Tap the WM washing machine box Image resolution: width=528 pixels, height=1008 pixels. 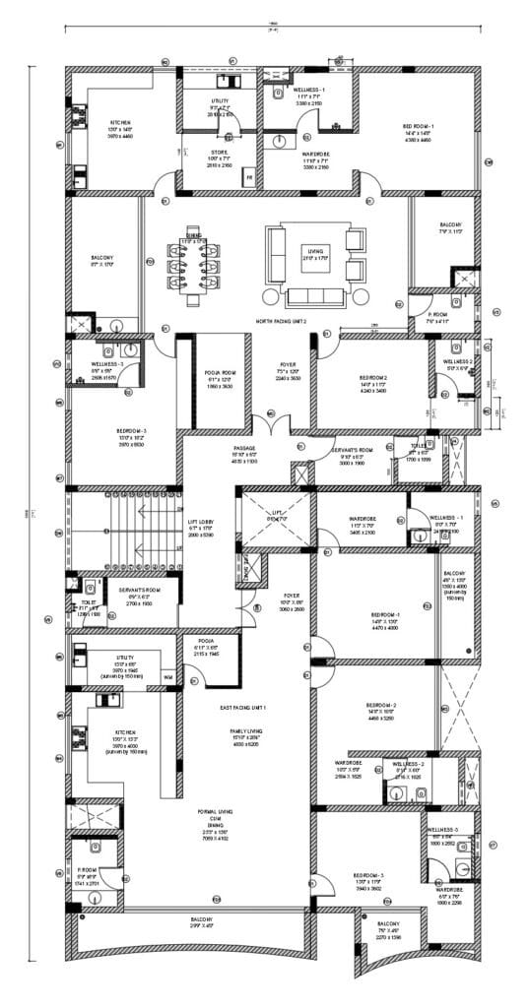tap(166, 677)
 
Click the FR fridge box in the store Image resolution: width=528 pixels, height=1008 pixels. tap(249, 178)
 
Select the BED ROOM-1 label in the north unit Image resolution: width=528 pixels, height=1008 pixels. tap(416, 126)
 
